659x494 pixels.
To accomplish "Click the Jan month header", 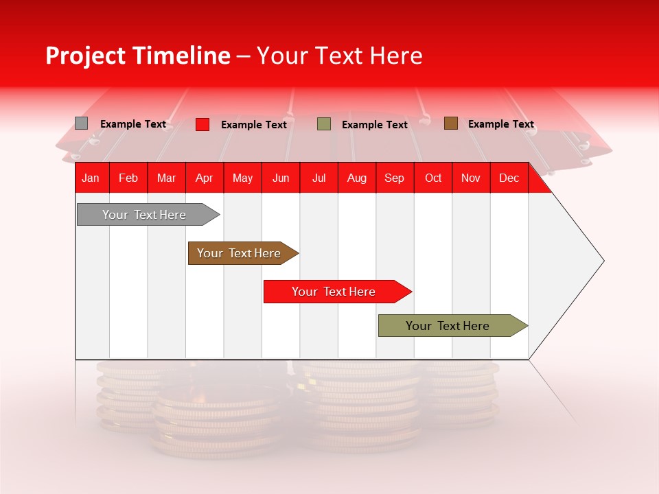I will tap(91, 178).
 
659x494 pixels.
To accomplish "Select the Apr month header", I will tap(204, 178).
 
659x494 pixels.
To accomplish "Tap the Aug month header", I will tap(356, 178).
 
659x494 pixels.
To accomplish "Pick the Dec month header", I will tap(509, 178).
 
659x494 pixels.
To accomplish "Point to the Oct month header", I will tap(432, 178).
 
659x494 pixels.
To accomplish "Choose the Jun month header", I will tap(280, 178).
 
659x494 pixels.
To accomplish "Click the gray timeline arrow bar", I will tap(145, 215).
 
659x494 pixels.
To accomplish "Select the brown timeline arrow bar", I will tap(240, 253).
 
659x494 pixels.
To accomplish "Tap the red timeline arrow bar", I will tap(334, 292).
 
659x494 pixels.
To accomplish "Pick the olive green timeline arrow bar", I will tap(448, 326).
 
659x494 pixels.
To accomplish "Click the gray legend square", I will tap(81, 123).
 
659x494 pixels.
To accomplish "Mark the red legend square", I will tap(202, 124).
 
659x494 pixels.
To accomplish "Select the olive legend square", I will tap(323, 124).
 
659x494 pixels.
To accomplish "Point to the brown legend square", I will tap(450, 123).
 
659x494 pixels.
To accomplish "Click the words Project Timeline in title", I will tap(137, 56).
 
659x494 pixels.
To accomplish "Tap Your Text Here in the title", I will tap(339, 56).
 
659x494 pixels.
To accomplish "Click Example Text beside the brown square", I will tap(500, 124).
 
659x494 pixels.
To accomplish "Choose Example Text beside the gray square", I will tap(133, 124).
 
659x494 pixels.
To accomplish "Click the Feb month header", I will tap(128, 178).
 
